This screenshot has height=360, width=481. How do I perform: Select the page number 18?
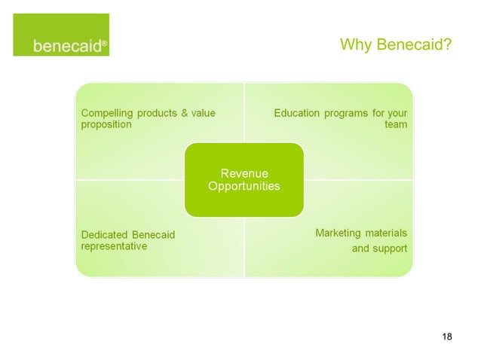pos(447,336)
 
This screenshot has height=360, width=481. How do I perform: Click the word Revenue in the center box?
pos(244,174)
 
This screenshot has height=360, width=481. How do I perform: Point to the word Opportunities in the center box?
pos(244,186)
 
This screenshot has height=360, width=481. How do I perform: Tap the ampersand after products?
pos(182,114)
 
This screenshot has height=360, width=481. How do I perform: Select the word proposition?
pos(106,125)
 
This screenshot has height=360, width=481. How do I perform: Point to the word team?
pos(396,125)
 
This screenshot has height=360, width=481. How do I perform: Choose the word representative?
pos(114,246)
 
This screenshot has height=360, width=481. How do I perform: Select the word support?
pos(391,249)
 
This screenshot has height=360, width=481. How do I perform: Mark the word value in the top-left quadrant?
pos(203,114)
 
